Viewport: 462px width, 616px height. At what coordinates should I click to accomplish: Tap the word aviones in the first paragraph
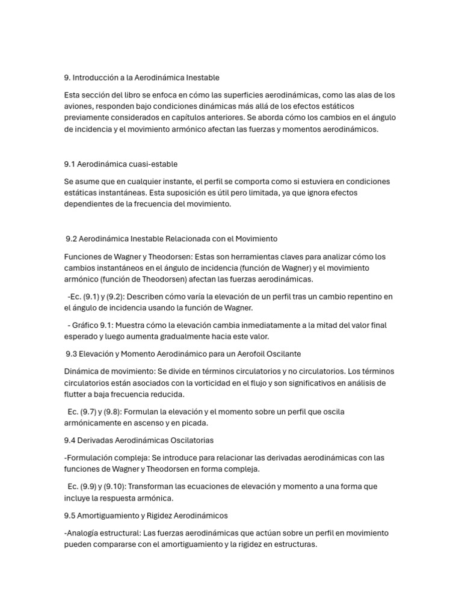(x=79, y=106)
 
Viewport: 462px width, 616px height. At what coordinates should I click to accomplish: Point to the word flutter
(x=75, y=394)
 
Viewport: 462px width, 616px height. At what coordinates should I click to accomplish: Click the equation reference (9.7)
(x=93, y=411)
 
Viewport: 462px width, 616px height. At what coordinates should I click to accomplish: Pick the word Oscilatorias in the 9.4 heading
(x=188, y=440)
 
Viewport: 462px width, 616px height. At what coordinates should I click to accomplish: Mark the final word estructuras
(x=294, y=544)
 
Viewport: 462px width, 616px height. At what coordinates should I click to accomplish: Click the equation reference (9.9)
(x=93, y=486)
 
